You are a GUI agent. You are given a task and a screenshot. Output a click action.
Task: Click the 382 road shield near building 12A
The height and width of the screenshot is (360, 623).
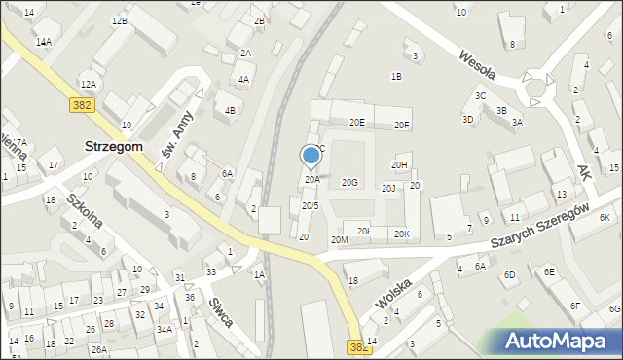pyautogui.click(x=82, y=104)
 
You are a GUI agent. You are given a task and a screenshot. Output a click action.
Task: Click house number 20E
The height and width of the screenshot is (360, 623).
pyautogui.click(x=357, y=123)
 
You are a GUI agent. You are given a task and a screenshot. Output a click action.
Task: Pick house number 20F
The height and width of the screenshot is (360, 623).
pyautogui.click(x=402, y=126)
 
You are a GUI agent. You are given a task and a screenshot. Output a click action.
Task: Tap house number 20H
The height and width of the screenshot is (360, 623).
pyautogui.click(x=400, y=165)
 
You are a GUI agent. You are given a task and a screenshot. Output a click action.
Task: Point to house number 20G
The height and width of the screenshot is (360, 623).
pyautogui.click(x=349, y=183)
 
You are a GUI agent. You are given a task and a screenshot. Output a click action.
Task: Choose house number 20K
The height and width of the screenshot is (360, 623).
pyautogui.click(x=401, y=234)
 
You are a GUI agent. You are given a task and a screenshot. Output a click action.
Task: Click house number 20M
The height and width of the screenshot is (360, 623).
pyautogui.click(x=339, y=239)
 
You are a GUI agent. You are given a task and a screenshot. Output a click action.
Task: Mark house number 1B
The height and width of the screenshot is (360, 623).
pyautogui.click(x=396, y=76)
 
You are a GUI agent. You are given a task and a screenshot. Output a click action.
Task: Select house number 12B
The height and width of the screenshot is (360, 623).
pyautogui.click(x=119, y=20)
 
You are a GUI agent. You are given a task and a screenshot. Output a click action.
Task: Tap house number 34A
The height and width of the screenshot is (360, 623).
pyautogui.click(x=165, y=330)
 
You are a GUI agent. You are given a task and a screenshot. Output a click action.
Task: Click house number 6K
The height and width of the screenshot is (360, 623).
pyautogui.click(x=605, y=217)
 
